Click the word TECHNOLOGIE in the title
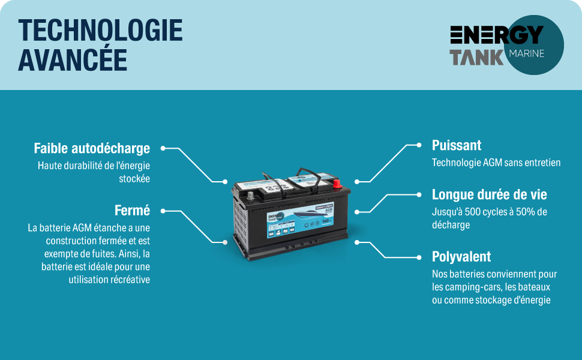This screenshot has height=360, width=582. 100,30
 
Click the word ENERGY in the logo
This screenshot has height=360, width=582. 497,35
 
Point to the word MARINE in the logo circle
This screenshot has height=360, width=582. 526,53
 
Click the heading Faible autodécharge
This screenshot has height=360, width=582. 92,148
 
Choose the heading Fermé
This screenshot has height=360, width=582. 132,211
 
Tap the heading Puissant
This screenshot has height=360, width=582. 457,145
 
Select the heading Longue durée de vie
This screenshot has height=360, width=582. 490,194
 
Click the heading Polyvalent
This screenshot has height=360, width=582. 461,257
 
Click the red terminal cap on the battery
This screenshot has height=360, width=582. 337,182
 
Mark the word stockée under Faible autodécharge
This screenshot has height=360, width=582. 134,178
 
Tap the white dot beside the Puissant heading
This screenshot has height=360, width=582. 419,145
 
